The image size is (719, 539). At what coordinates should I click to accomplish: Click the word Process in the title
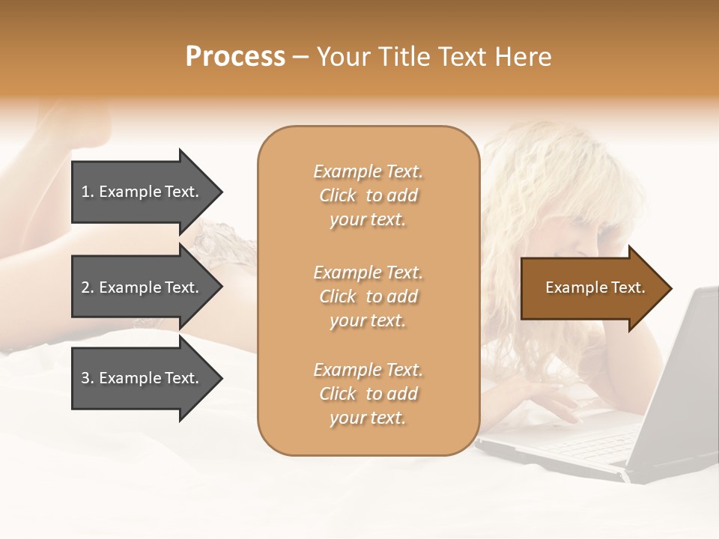235,57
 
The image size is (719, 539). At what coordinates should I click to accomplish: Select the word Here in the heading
522,57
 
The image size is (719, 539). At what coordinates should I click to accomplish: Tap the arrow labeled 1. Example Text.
142,192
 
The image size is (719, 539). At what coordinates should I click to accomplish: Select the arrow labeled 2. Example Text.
142,287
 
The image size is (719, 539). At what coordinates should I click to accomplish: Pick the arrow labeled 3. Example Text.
142,378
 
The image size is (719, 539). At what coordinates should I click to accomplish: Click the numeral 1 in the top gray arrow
85,192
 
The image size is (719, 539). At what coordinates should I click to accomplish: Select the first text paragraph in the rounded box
368,195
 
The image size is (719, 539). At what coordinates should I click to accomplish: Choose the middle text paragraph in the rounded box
368,296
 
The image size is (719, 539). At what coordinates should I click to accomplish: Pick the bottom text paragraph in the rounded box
368,394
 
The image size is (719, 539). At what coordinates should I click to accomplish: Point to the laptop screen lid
682,374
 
